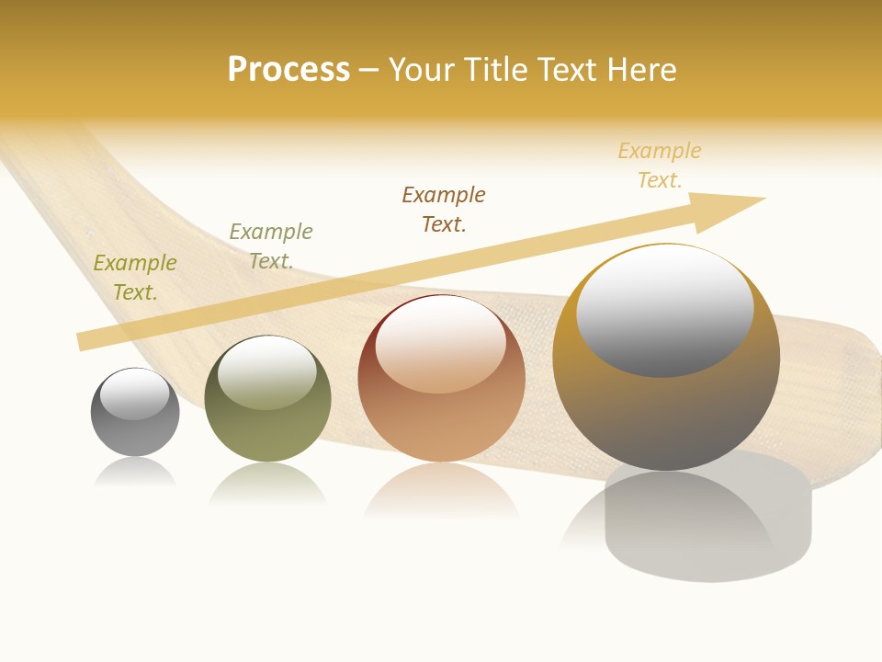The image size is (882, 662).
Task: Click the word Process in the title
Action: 288,70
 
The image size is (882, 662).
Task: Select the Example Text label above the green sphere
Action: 271,246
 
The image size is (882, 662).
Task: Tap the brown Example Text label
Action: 444,210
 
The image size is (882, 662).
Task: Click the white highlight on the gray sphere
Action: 135,394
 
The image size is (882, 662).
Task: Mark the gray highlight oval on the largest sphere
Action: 665,313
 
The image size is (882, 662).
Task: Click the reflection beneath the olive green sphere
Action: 267,485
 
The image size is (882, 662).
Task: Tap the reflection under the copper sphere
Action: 441,492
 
